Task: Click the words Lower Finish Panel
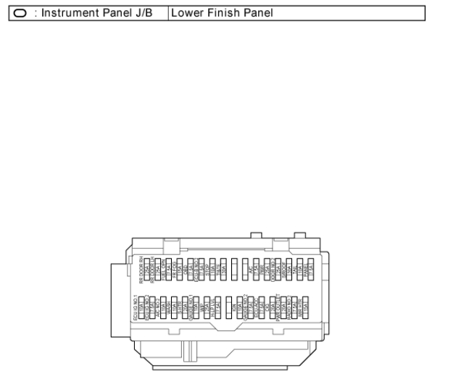[x=211, y=14]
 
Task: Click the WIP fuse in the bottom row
[x=207, y=304]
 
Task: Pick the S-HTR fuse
[x=185, y=304]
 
